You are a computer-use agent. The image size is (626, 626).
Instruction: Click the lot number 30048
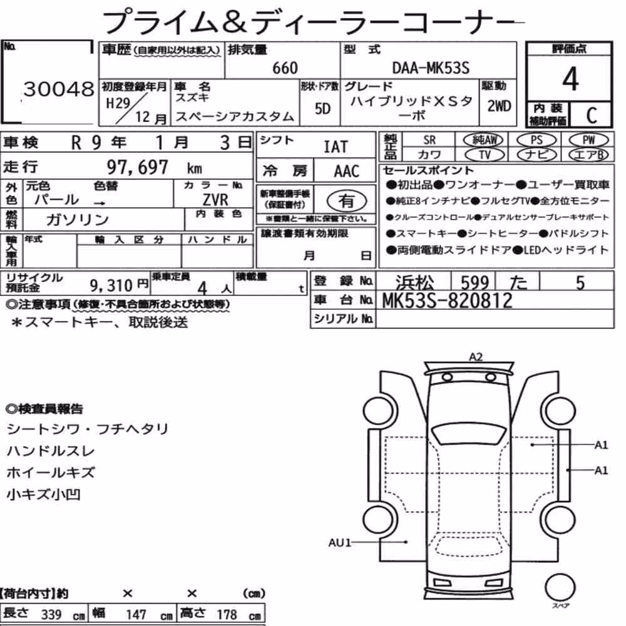tap(59, 89)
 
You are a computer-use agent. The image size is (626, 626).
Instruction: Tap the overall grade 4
tap(570, 79)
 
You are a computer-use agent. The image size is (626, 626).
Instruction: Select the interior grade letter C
tap(592, 115)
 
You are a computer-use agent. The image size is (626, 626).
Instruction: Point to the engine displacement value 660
tap(285, 68)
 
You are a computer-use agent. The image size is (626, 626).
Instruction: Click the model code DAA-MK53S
tap(431, 68)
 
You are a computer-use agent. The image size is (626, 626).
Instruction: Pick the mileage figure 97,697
tap(137, 167)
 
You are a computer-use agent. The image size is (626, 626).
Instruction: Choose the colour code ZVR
tap(215, 199)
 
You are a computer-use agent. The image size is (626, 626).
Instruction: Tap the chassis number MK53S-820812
tap(447, 300)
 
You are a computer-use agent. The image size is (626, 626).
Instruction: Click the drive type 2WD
tap(499, 106)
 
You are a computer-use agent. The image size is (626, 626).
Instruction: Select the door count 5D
tap(322, 108)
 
